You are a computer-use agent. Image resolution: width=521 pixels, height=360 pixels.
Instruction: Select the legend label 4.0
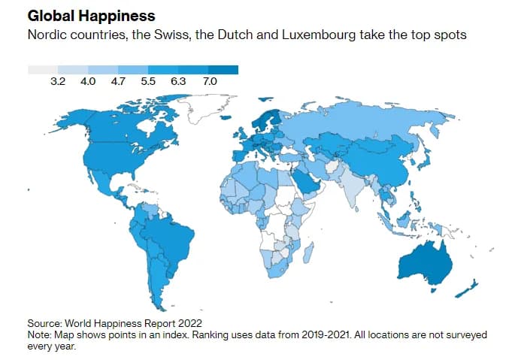pos(88,80)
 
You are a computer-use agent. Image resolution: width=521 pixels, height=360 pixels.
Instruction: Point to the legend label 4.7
pos(118,80)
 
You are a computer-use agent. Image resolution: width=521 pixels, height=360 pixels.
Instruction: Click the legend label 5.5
pos(148,80)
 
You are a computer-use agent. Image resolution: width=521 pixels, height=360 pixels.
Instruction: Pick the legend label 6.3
pos(178,80)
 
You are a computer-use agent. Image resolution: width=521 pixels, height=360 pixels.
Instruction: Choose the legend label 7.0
pos(209,80)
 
